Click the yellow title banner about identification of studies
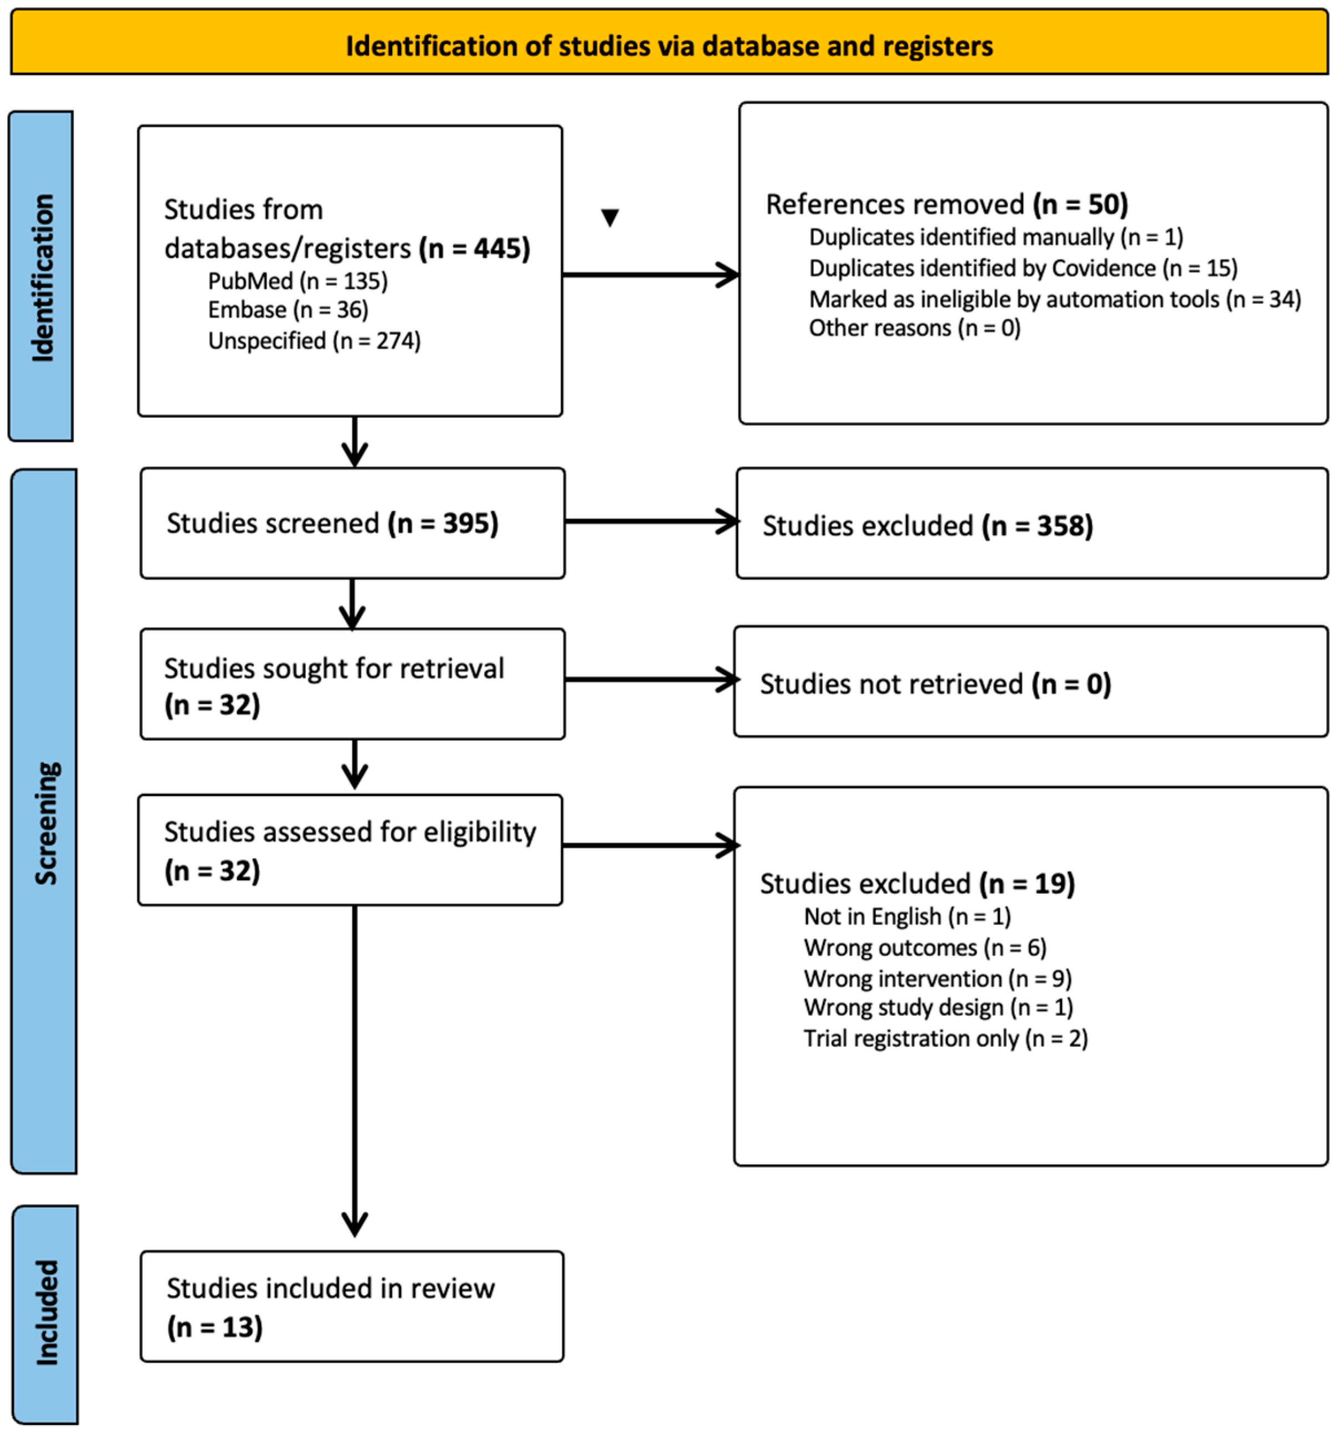(x=668, y=45)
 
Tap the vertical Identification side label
(x=42, y=277)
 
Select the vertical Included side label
(x=46, y=1312)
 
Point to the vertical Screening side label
(x=45, y=822)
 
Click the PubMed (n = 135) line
(x=297, y=281)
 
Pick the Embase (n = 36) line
(x=288, y=309)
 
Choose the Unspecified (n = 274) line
(x=314, y=340)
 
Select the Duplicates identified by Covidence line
(x=1023, y=268)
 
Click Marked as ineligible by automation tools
(x=1054, y=299)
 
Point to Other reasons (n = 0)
(x=914, y=328)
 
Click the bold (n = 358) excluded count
(x=1037, y=526)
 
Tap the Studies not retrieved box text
(x=935, y=684)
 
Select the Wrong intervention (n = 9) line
(x=937, y=979)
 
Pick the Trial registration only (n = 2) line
(x=945, y=1039)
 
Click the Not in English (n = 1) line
(x=907, y=917)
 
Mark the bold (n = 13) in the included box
(x=215, y=1327)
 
